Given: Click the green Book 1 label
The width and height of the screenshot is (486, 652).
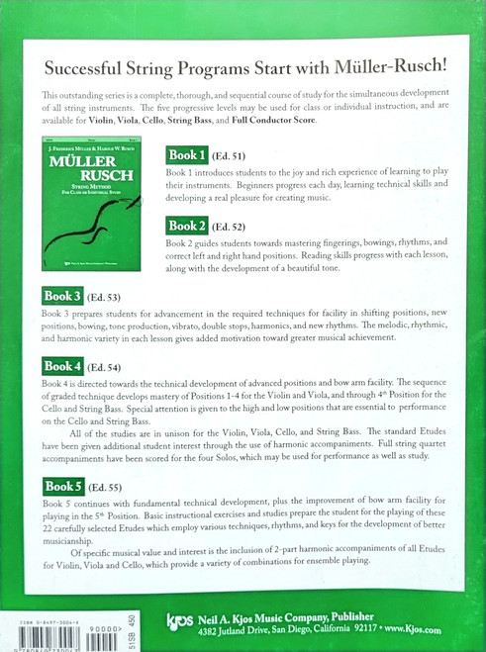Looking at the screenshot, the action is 187,155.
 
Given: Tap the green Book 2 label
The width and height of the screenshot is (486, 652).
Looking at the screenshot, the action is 187,226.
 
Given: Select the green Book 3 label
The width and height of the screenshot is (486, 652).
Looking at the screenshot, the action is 62,296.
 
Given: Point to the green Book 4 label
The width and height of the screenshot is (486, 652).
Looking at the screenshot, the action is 62,367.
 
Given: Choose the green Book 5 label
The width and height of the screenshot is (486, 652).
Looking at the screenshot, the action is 62,486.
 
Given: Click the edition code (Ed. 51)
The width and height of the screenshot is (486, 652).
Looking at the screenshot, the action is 228,157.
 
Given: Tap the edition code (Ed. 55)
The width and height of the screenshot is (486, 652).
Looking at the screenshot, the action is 103,488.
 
